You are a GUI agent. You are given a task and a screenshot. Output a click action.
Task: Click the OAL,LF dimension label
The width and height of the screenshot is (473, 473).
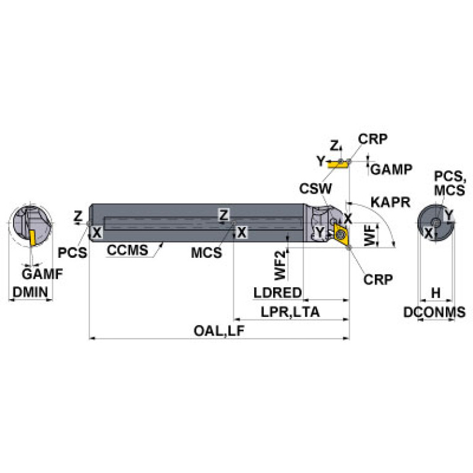[x=220, y=331]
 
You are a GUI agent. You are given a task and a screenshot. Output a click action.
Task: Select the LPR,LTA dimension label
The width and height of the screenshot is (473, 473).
[x=290, y=312]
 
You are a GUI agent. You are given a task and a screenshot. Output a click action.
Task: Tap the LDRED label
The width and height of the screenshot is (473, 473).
[x=277, y=292]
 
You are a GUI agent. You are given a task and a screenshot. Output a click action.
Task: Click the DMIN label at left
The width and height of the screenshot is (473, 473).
[x=28, y=293]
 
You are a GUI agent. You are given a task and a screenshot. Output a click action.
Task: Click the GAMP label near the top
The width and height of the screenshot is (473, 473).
[x=392, y=169]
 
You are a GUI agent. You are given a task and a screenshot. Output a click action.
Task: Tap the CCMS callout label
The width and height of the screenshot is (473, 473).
[x=127, y=251]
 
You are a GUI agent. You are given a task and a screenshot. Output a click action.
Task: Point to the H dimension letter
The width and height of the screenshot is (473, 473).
[x=435, y=292]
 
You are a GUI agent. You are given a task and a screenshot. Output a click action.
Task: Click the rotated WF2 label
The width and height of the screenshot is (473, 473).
[x=281, y=263]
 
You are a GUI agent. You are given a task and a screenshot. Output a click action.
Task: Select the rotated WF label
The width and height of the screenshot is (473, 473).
[x=369, y=236]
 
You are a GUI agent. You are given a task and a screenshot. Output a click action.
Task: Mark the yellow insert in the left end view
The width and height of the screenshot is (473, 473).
[x=30, y=237]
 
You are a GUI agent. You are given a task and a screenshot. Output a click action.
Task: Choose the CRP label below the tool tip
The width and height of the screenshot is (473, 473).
[x=378, y=279]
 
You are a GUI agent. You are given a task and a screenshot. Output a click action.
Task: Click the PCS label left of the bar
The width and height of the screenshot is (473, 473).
[x=72, y=252]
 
